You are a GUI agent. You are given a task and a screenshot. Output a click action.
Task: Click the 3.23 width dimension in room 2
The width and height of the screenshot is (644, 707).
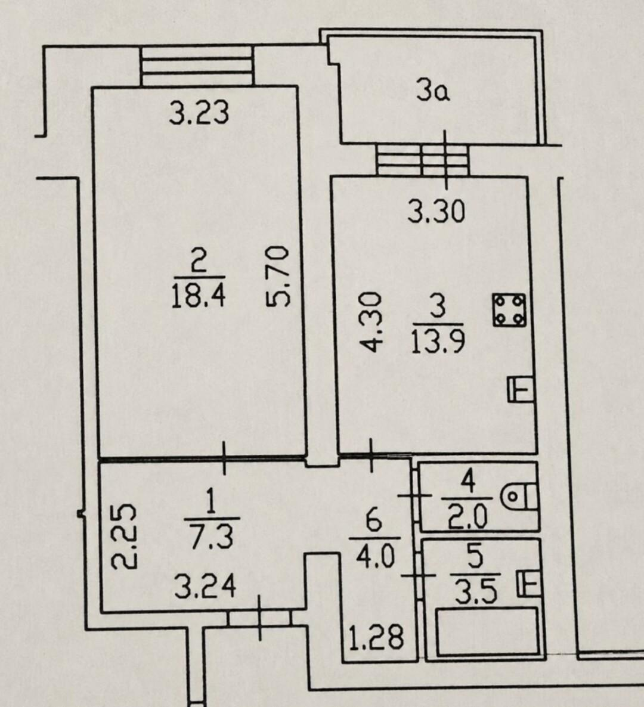tap(199, 113)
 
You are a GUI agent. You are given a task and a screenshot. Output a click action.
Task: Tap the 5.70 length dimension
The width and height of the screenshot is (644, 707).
tap(277, 275)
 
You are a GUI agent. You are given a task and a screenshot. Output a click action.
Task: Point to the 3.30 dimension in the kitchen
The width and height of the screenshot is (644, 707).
tap(436, 212)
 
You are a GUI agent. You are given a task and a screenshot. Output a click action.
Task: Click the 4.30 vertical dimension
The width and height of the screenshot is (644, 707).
tap(372, 321)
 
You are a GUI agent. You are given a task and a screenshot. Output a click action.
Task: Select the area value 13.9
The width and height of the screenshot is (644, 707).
tap(438, 341)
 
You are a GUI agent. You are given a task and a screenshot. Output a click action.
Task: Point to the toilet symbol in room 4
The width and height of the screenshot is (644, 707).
tap(519, 497)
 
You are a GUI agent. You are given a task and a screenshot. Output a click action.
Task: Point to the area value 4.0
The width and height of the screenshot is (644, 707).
tap(375, 557)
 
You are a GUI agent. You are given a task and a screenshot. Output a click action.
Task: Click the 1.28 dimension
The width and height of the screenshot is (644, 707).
tap(377, 638)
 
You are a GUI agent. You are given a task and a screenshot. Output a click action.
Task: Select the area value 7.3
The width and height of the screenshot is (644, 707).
tap(212, 538)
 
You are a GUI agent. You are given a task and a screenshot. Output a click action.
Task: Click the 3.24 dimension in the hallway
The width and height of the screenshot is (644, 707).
tap(205, 587)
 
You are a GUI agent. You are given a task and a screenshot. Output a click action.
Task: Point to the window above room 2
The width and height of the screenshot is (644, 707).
tap(197, 66)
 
